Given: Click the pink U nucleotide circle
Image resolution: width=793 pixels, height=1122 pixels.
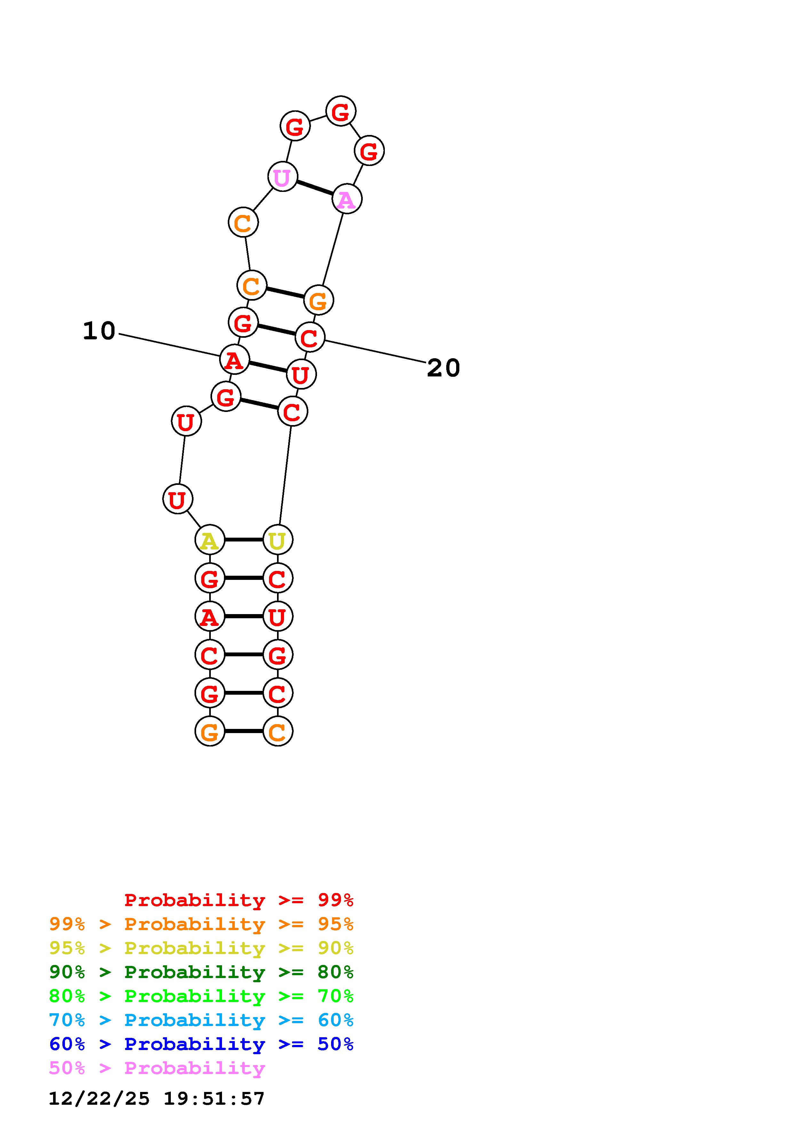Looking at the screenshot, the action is (282, 177).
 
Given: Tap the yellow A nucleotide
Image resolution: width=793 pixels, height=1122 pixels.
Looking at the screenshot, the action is (210, 540).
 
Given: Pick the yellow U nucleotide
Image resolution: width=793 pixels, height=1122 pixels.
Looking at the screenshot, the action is (278, 540).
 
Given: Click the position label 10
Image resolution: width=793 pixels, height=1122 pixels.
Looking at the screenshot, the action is (99, 331).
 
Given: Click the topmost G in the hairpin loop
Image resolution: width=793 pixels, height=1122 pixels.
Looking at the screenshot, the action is (341, 111).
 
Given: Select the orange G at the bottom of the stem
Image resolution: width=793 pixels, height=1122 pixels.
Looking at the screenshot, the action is (210, 731).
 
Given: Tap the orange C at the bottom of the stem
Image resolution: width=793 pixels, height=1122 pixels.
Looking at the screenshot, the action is (278, 731).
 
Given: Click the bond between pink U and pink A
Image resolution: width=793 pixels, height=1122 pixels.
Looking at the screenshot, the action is (315, 188).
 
